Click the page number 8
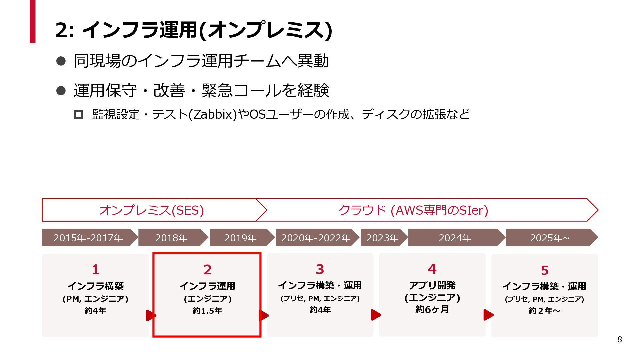[x=619, y=339]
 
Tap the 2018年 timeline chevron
[x=171, y=238]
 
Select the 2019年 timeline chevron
[x=240, y=238]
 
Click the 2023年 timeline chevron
[x=382, y=238]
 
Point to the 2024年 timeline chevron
[x=455, y=238]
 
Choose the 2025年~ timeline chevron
[x=550, y=238]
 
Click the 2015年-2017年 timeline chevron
[x=88, y=238]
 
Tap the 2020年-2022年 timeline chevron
[x=316, y=238]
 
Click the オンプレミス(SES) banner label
[x=152, y=210]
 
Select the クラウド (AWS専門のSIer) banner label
[x=413, y=210]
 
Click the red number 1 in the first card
[x=96, y=269]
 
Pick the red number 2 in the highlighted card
[x=207, y=270]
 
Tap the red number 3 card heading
[x=320, y=269]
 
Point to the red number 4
[x=432, y=269]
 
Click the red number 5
[x=545, y=270]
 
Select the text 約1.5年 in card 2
[x=207, y=311]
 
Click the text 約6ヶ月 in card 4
[x=432, y=310]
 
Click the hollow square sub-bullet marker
[x=79, y=114]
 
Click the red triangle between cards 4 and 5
[x=488, y=315]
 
